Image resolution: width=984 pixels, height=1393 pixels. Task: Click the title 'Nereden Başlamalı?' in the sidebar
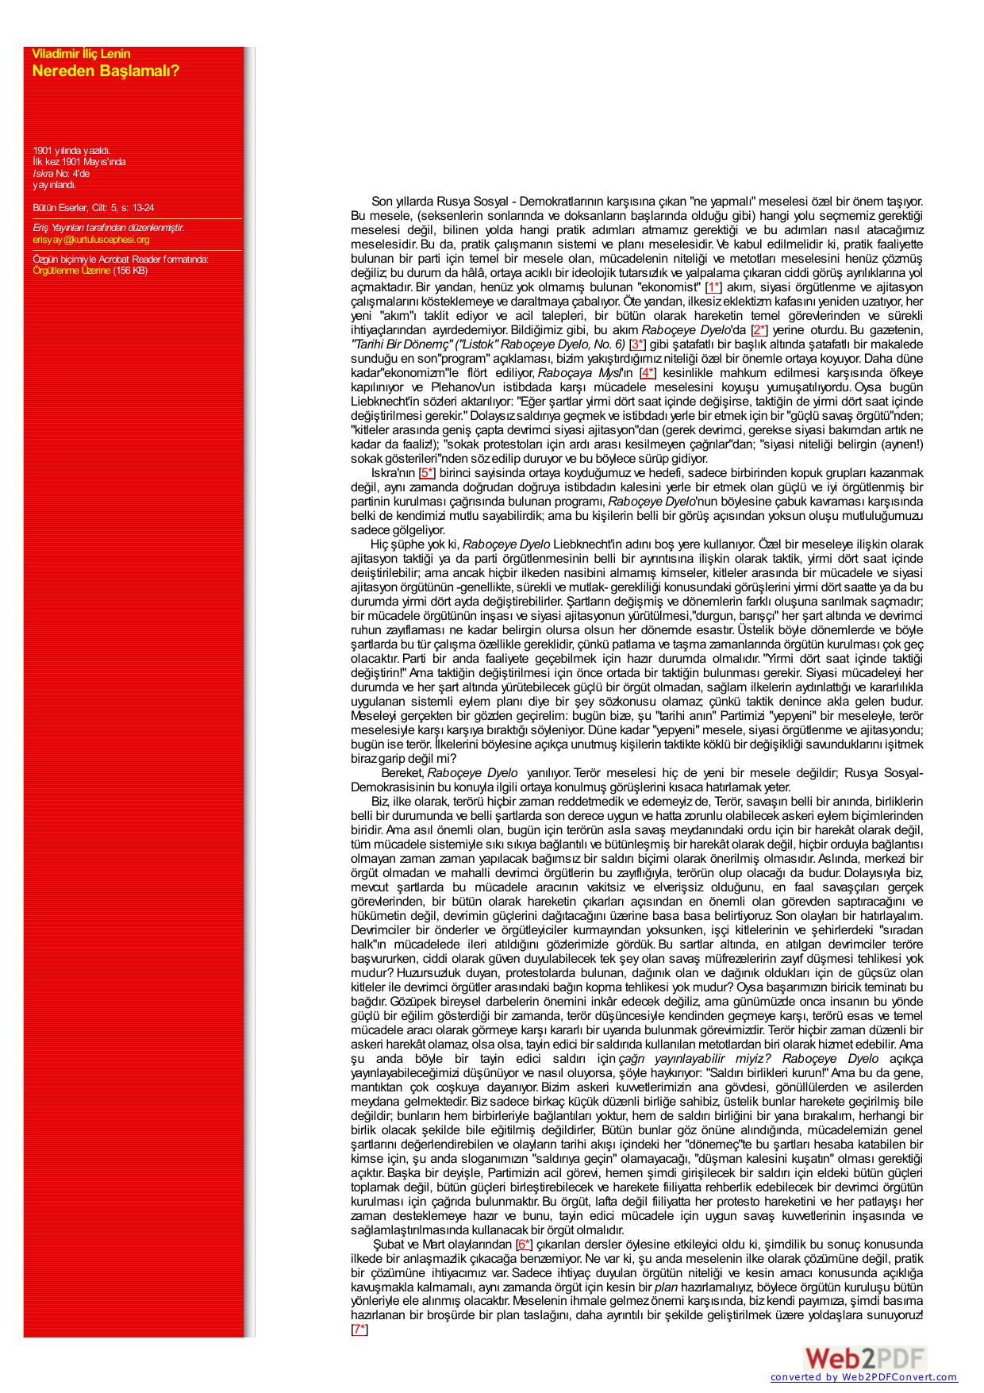pyautogui.click(x=106, y=71)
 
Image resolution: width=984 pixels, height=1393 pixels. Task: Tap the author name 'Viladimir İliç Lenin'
pyautogui.click(x=81, y=54)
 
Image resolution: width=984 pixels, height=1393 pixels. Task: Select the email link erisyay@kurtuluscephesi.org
pyautogui.click(x=91, y=240)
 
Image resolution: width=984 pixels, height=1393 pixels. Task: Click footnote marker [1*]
pyautogui.click(x=713, y=287)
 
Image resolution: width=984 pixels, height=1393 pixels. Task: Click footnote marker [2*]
pyautogui.click(x=759, y=330)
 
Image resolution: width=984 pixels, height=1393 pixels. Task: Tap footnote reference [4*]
pyautogui.click(x=648, y=373)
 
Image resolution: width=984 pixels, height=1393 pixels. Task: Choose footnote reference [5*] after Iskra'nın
pyautogui.click(x=427, y=473)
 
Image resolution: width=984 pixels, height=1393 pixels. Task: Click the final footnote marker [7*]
pyautogui.click(x=359, y=1330)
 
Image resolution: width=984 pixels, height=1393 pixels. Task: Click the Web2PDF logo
pyautogui.click(x=864, y=1358)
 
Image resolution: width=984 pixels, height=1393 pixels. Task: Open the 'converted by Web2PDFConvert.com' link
pyautogui.click(x=863, y=1378)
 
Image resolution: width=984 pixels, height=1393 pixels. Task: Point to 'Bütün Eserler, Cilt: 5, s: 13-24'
pyautogui.click(x=94, y=208)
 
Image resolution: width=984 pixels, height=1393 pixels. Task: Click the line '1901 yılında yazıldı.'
pyautogui.click(x=71, y=150)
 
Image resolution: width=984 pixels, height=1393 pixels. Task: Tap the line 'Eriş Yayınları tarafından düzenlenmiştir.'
pyautogui.click(x=109, y=228)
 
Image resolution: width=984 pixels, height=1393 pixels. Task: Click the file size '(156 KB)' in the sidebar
pyautogui.click(x=130, y=271)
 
